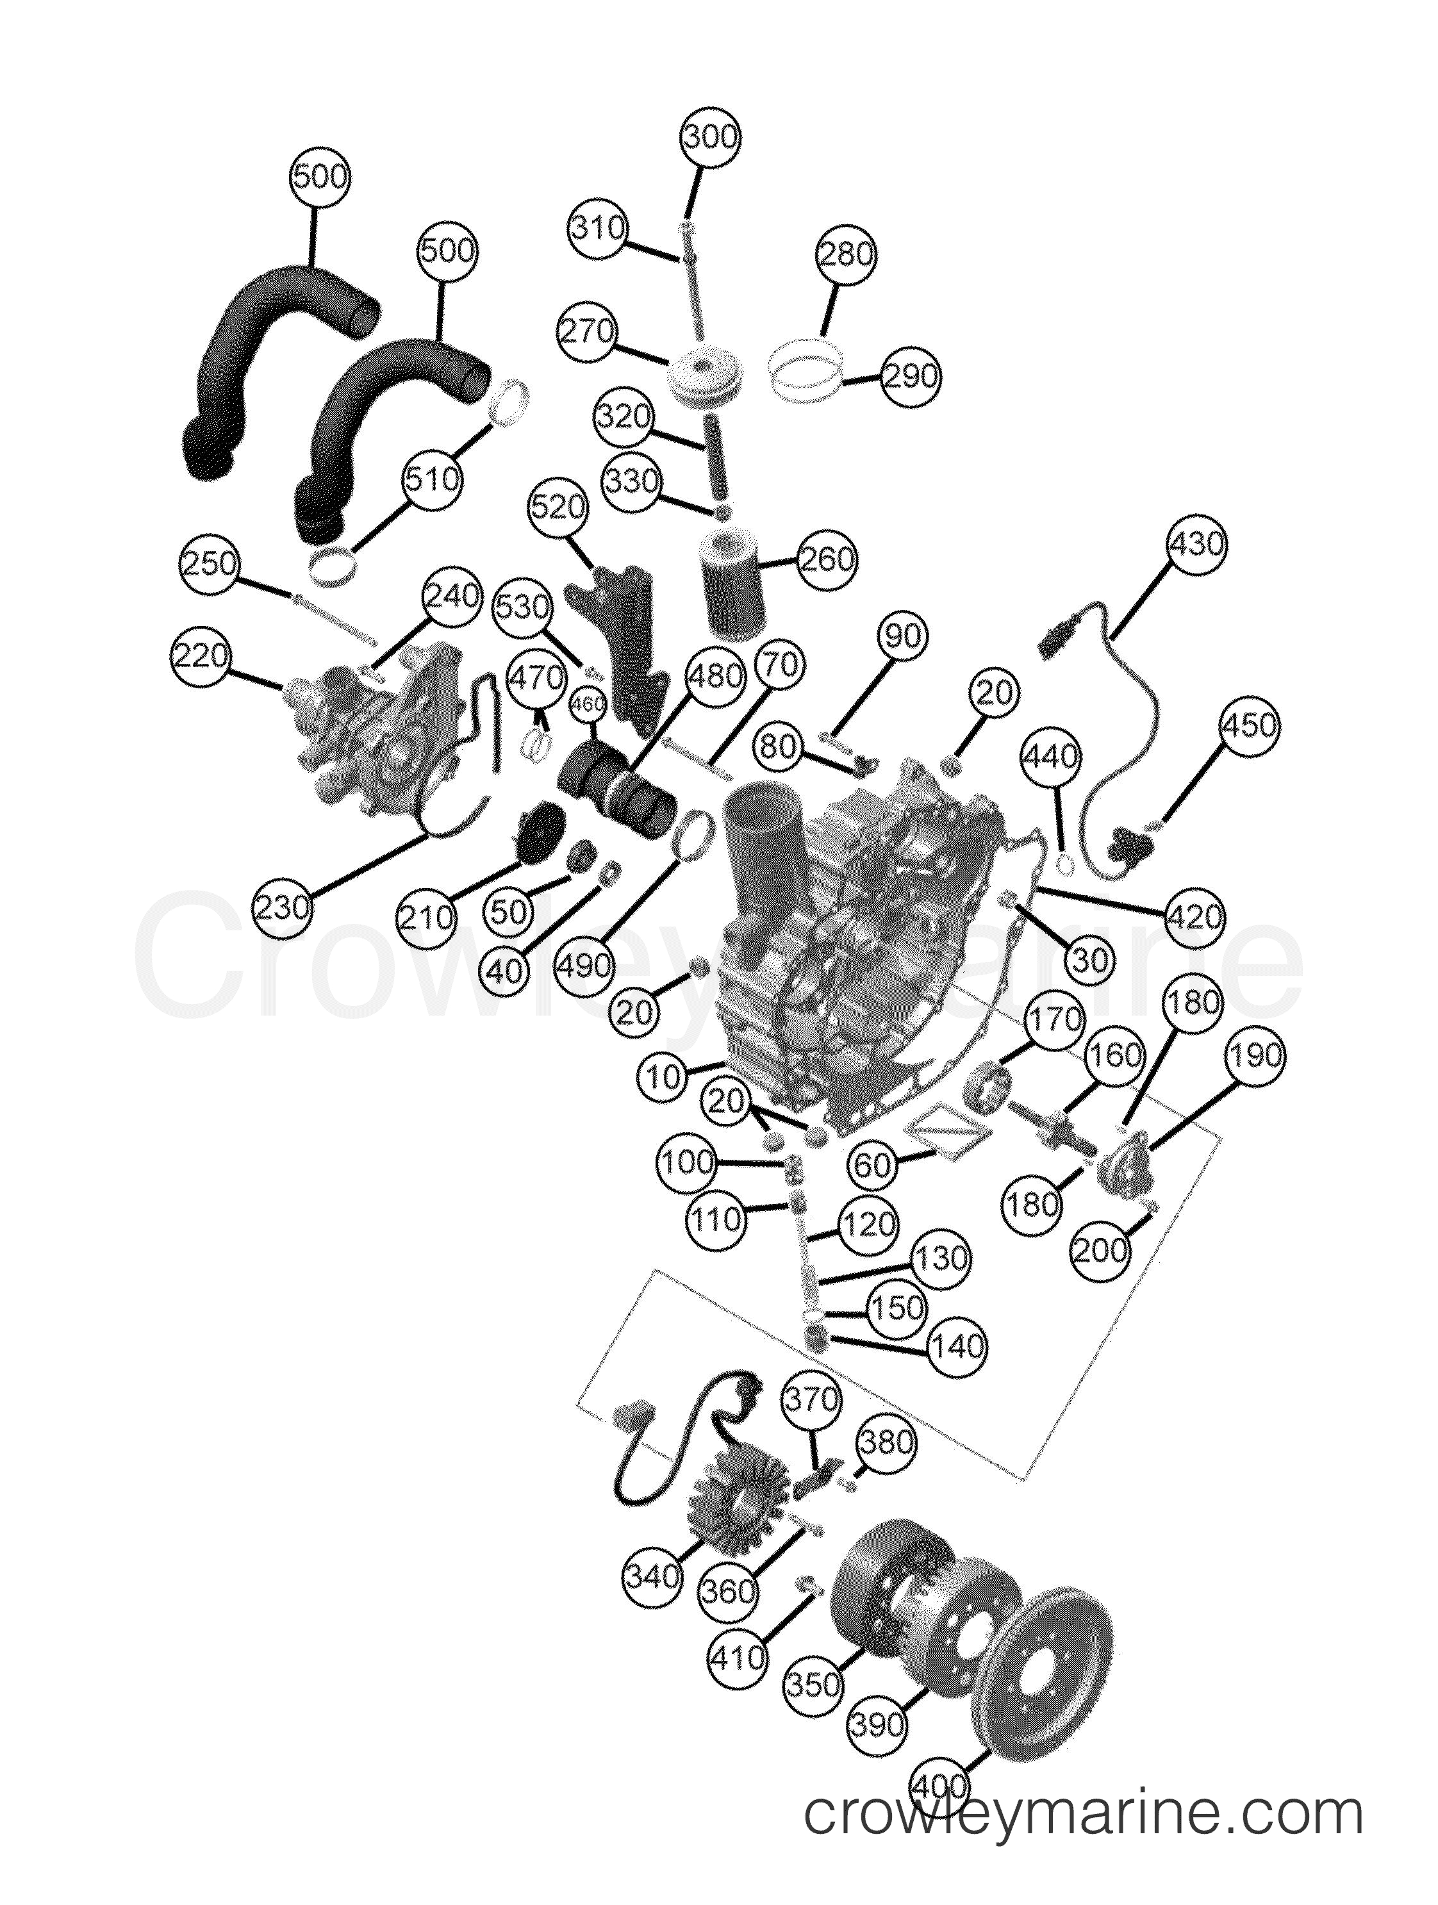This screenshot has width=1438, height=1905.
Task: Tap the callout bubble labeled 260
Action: [x=827, y=560]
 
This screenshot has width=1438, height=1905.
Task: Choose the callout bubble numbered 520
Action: [x=558, y=508]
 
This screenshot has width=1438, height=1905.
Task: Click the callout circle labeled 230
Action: [x=284, y=907]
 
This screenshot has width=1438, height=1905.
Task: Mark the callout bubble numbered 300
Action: [x=711, y=138]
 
